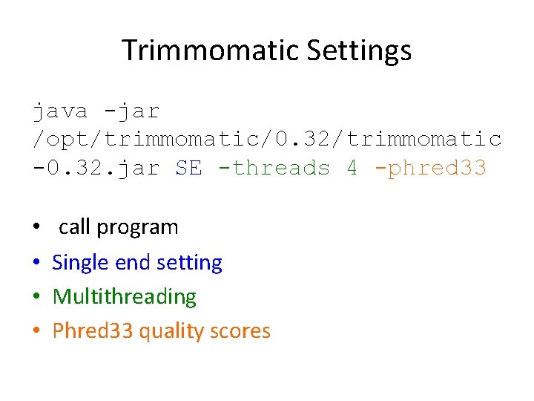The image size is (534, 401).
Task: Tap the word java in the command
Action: [60, 111]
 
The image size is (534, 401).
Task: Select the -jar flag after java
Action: [132, 111]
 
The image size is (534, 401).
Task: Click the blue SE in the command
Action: [188, 168]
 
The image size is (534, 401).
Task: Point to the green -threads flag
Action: [274, 168]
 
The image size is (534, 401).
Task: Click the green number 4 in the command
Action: [352, 168]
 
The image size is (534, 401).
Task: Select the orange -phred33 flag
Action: [430, 168]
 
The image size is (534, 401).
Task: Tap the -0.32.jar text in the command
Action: [96, 168]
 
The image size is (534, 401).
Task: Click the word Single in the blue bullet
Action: [78, 263]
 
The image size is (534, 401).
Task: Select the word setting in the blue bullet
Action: [191, 263]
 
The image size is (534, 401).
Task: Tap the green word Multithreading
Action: [125, 297]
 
